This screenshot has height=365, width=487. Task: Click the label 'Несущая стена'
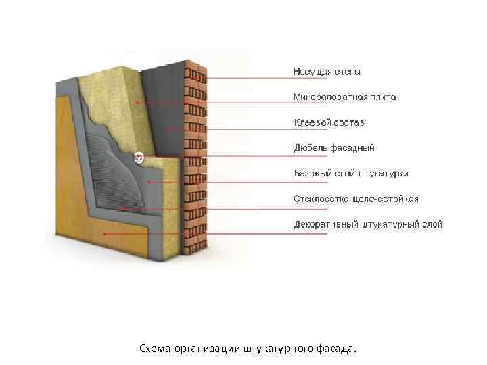(327, 72)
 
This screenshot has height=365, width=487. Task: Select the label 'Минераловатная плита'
(344, 97)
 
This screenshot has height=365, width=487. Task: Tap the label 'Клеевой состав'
(329, 123)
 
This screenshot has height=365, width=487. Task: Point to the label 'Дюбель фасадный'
(334, 148)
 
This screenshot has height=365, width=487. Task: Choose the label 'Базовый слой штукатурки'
(350, 174)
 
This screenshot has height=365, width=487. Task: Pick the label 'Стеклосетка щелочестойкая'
(356, 199)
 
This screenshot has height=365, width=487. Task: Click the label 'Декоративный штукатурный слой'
(368, 224)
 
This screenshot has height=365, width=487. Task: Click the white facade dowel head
(139, 157)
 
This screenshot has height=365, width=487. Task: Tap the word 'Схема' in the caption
(154, 349)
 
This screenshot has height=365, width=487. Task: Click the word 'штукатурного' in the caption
(273, 349)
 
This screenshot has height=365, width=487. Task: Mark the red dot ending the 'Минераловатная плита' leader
(137, 103)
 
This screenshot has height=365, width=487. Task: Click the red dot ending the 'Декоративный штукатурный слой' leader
(104, 234)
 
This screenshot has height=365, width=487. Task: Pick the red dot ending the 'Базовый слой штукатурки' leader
(149, 182)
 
